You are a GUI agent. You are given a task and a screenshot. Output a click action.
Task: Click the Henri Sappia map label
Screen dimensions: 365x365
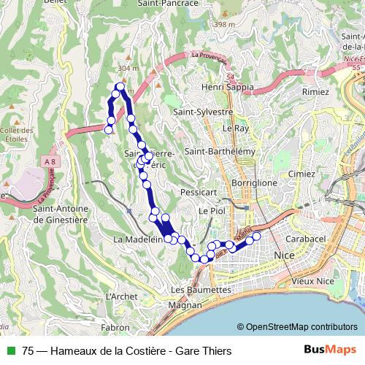(x=229, y=87)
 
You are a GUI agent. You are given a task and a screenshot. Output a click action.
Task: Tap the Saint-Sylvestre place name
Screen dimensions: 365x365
(x=203, y=112)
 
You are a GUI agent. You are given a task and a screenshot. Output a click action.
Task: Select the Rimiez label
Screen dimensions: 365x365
(x=315, y=93)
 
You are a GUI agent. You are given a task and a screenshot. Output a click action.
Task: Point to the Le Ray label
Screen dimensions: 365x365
(x=236, y=128)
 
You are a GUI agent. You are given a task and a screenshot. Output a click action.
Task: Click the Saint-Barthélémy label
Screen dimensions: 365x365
(x=221, y=151)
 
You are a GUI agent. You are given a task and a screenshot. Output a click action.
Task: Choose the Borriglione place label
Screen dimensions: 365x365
(x=254, y=182)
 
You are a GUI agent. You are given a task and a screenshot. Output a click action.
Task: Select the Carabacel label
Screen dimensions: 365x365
(x=306, y=239)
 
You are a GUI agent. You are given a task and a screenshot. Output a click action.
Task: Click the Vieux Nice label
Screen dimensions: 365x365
(x=311, y=280)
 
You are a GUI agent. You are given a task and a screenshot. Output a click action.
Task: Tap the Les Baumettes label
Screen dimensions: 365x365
(x=205, y=289)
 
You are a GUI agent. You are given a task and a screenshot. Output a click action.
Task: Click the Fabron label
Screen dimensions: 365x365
(x=117, y=327)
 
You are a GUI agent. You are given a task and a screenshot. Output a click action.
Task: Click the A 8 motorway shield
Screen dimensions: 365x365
(x=50, y=161)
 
